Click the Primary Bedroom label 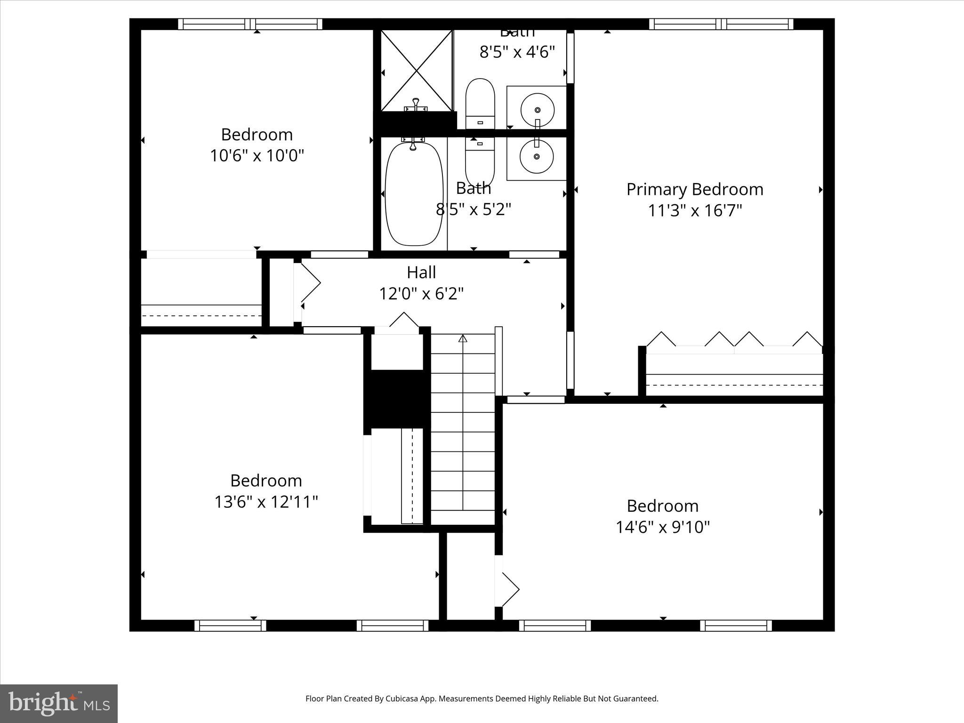tap(695, 190)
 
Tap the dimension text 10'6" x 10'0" tap(257, 155)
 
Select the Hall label tap(421, 273)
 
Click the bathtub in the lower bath tap(414, 194)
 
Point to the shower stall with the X tap(417, 71)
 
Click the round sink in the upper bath tap(537, 110)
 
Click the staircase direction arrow tap(463, 338)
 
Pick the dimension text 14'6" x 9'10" tap(663, 527)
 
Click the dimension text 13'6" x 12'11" tap(266, 502)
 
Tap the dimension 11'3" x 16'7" tap(695, 210)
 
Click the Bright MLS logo tap(59, 703)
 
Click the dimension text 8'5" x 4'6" tap(517, 52)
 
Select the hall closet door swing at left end tap(310, 283)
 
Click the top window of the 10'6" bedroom tap(250, 24)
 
